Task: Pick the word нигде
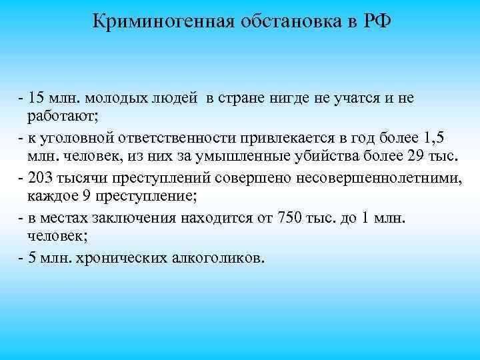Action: point(294,99)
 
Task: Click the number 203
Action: point(39,179)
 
